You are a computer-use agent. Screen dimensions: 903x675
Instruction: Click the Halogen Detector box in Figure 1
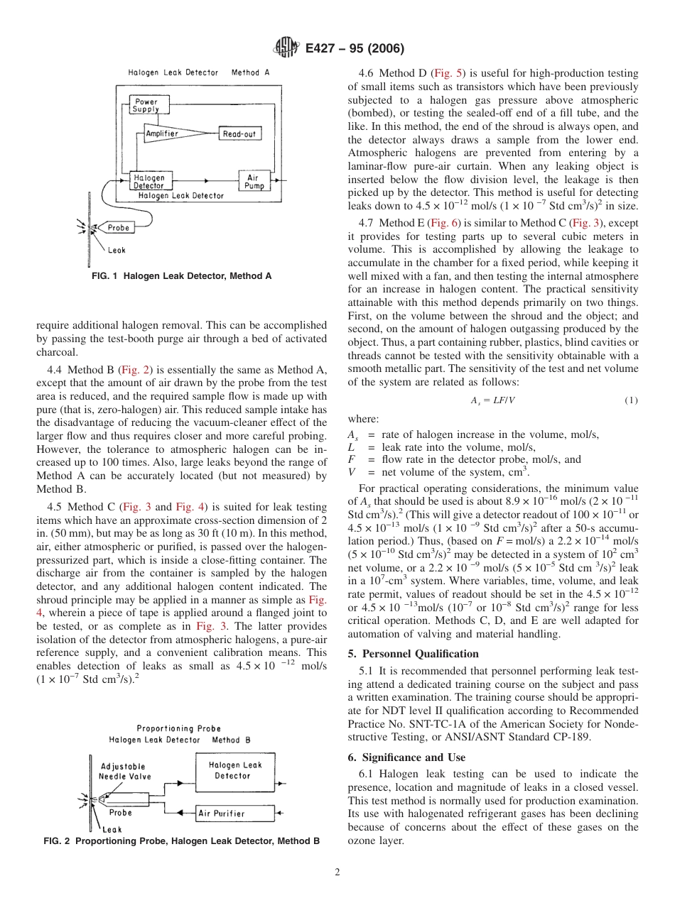(148, 182)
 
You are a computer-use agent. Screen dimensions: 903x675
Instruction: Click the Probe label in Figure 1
(118, 228)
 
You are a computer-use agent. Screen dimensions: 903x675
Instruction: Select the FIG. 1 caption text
(181, 276)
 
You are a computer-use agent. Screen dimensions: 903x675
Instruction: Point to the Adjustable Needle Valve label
(125, 772)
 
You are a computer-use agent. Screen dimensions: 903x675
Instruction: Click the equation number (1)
(631, 400)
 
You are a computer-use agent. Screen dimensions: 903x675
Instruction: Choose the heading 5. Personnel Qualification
(413, 653)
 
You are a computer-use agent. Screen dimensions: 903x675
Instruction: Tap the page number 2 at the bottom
(337, 872)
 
